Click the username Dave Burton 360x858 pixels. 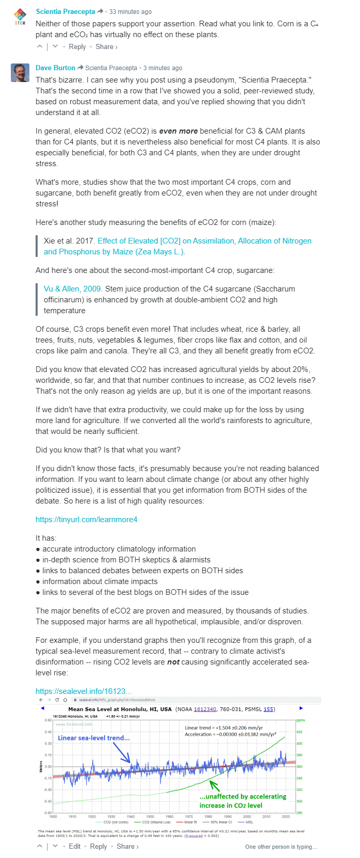(55, 68)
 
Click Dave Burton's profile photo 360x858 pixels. (20, 73)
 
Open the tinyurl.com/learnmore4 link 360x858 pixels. (86, 520)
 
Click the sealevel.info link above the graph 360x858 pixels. (83, 691)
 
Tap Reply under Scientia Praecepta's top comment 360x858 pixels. (77, 46)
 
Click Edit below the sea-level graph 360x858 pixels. (75, 846)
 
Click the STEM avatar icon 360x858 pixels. (20, 17)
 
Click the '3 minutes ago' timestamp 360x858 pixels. (162, 68)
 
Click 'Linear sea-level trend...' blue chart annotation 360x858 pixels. (94, 738)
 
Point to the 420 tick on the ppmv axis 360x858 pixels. (299, 732)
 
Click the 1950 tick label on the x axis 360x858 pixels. (150, 817)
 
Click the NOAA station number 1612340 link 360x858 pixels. (205, 709)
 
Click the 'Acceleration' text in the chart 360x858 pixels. (198, 734)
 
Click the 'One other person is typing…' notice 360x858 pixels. (281, 847)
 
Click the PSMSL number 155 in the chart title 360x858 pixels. (269, 709)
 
